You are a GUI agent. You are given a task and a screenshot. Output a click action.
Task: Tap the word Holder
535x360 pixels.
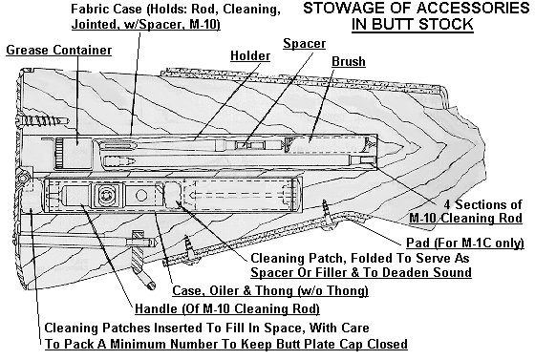(x=250, y=56)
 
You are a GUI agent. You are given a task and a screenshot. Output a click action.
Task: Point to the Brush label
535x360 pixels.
(x=347, y=61)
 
